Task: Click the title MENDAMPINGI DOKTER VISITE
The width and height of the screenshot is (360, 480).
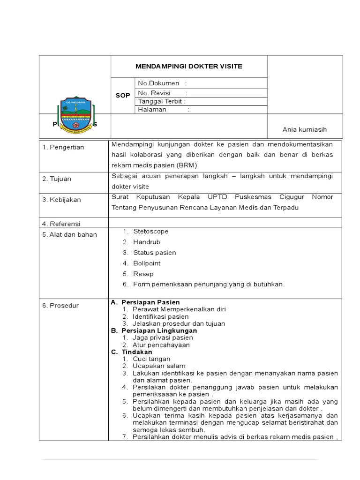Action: (189, 67)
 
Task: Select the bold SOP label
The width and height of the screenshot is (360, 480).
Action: (123, 96)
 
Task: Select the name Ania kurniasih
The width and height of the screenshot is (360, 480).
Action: (304, 130)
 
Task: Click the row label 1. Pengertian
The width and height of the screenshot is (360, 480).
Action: (63, 147)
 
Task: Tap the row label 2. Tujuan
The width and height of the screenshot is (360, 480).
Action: (57, 179)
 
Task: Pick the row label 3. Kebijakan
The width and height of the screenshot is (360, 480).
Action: (61, 200)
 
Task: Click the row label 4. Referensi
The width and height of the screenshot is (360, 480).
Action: (61, 224)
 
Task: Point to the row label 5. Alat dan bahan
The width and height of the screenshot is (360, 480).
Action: (69, 234)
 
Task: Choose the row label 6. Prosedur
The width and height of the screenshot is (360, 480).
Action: (60, 306)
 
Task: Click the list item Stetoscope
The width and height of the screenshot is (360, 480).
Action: (150, 232)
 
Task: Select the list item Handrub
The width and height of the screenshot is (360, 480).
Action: (146, 242)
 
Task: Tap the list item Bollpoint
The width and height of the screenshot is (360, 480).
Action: (147, 263)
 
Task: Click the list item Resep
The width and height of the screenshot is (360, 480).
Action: (143, 274)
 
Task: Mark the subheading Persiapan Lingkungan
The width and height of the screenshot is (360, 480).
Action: (159, 330)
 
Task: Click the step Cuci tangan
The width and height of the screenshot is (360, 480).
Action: (151, 359)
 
